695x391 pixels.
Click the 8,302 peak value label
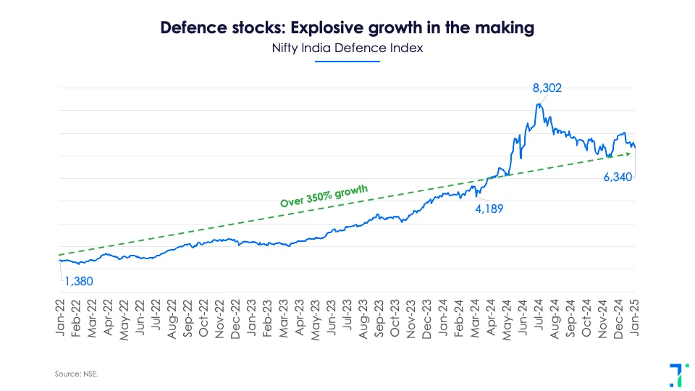[547, 88]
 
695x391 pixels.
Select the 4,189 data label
[489, 209]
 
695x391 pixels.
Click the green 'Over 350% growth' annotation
[324, 196]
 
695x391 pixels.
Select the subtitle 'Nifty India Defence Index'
[347, 49]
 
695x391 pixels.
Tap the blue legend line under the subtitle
[347, 61]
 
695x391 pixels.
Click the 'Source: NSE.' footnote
[76, 374]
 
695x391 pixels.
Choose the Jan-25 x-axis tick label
[635, 316]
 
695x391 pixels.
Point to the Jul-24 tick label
[539, 316]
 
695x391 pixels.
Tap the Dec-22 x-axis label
[236, 316]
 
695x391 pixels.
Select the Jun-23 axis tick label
[332, 316]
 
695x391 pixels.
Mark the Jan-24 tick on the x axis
[444, 316]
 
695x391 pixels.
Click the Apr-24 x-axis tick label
[492, 316]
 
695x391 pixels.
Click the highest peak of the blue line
[538, 104]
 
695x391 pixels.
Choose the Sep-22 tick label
[188, 316]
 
